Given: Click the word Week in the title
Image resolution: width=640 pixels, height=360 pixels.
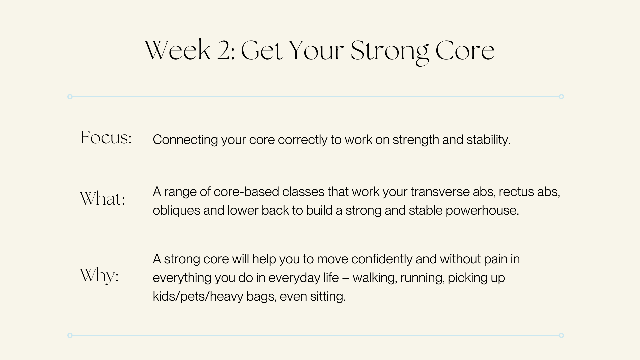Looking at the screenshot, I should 178,51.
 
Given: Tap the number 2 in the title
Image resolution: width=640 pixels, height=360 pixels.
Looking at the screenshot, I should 226,51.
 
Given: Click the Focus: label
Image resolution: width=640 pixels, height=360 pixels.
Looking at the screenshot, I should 106,138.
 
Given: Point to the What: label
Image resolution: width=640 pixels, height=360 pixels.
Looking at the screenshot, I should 103,199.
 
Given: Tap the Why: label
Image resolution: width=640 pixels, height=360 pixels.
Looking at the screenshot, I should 99,276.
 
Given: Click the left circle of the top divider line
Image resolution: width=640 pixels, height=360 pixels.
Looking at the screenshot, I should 70,97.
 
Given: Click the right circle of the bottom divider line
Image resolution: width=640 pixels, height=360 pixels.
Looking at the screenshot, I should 561,335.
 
